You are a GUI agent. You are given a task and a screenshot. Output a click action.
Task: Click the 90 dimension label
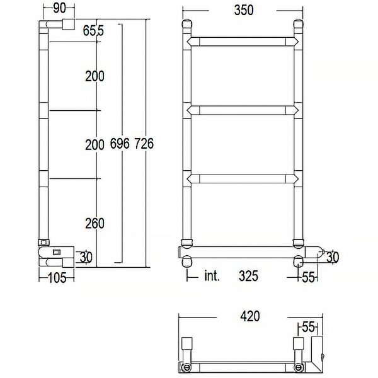pos(59,8)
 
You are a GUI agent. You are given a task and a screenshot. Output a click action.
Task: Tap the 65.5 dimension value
pos(93,31)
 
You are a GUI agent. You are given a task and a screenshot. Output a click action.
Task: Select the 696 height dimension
pos(120,144)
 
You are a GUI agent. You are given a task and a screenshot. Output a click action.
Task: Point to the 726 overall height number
pos(144,144)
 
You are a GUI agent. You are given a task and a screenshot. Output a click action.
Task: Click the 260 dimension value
pos(94,223)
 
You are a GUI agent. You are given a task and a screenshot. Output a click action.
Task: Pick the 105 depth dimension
pos(57,278)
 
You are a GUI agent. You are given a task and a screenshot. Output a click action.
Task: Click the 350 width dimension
pos(244,10)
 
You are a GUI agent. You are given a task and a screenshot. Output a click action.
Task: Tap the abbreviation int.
pos(212,276)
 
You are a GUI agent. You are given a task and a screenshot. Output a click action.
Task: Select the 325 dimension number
pos(248,276)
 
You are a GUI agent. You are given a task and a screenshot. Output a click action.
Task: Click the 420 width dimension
pos(250,316)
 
